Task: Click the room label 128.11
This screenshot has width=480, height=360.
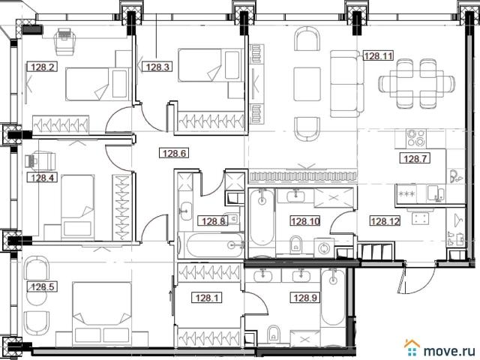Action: click(x=378, y=56)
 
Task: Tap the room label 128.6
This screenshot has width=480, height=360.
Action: click(x=174, y=153)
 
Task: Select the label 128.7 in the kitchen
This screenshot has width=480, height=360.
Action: click(x=415, y=158)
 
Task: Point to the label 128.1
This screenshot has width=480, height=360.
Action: click(x=207, y=298)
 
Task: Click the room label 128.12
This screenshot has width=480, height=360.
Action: click(x=385, y=220)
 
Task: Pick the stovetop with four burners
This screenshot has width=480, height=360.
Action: click(x=416, y=138)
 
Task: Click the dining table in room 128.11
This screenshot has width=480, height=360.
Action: click(x=416, y=83)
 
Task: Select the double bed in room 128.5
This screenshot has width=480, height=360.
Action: click(x=102, y=313)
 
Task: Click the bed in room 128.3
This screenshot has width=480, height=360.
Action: click(x=208, y=65)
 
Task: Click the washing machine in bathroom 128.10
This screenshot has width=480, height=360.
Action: click(x=324, y=247)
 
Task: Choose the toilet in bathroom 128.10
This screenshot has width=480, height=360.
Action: click(x=295, y=244)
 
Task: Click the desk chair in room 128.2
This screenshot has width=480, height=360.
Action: click(x=64, y=40)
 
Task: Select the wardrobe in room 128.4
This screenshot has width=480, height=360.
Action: click(x=121, y=207)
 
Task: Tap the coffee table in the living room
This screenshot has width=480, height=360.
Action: click(x=307, y=84)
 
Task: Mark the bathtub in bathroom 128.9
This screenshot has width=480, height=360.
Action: click(x=333, y=297)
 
